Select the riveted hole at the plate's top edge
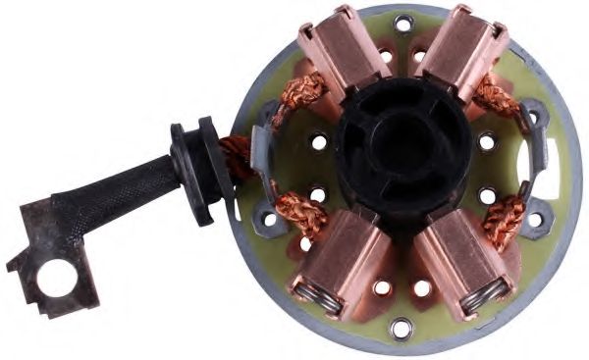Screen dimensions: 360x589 tap(402, 22)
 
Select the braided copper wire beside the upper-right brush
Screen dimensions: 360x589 tap(496, 98)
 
